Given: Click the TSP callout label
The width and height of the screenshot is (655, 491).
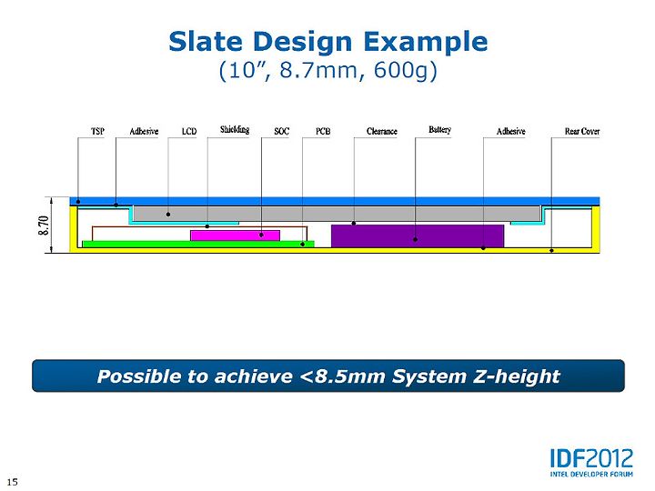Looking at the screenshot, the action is [x=97, y=131].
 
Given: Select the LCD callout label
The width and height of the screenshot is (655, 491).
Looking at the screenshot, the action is [x=189, y=131].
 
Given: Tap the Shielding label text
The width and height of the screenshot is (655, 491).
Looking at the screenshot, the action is [x=235, y=129].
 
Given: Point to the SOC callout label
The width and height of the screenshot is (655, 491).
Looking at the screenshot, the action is [x=281, y=131].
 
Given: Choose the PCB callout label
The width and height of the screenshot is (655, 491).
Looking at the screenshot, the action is [x=323, y=131].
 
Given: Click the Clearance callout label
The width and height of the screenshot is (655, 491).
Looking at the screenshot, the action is [x=382, y=131].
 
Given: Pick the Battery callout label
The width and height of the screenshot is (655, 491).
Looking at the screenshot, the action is [x=440, y=129].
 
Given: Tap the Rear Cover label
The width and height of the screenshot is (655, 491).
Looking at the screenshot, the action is [x=582, y=131].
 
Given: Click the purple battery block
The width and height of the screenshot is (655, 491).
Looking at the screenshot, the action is [x=418, y=235].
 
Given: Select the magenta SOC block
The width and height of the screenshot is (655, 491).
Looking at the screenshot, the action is [x=236, y=235].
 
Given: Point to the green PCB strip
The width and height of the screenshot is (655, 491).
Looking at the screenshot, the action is [x=198, y=245].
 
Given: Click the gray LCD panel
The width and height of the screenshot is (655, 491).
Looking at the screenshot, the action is [x=337, y=214].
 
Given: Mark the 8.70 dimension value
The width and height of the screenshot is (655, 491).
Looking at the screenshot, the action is [x=45, y=225].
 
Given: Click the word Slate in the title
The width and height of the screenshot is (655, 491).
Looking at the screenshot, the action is [x=206, y=42].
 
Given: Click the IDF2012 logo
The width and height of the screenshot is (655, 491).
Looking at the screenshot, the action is [x=591, y=463].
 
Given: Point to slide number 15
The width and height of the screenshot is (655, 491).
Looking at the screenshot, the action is [x=13, y=482].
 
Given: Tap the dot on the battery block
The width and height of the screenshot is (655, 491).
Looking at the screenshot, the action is [x=415, y=240].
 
